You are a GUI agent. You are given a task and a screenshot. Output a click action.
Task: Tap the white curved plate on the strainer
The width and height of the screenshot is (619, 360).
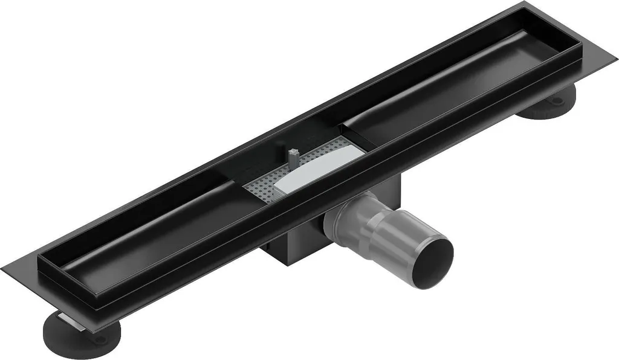coord(314,169)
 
